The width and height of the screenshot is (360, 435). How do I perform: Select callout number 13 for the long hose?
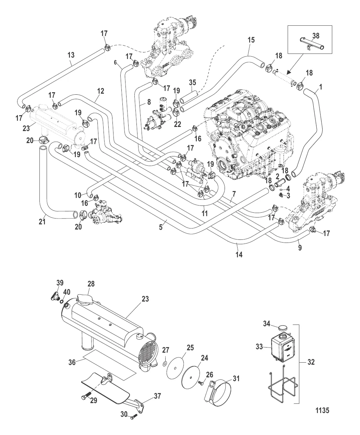[x=71, y=55]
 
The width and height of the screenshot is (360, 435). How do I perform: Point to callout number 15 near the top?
[x=251, y=40]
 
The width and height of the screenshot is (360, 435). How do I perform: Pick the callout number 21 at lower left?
[x=42, y=222]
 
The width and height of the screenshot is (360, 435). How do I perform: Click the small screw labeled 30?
[x=134, y=416]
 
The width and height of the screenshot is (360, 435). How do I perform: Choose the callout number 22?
[x=177, y=125]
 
